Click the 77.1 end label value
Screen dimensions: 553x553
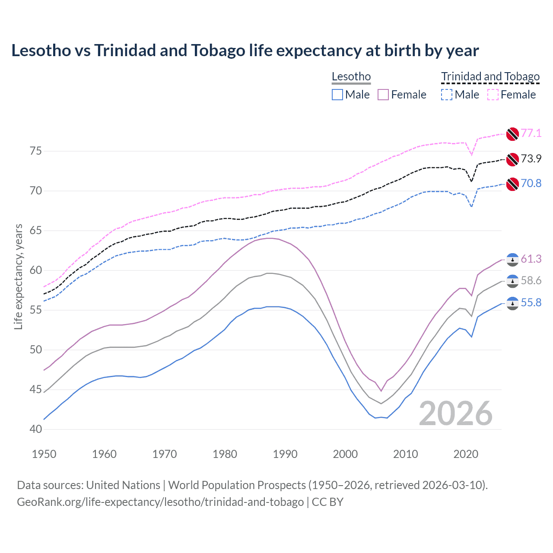click(531, 133)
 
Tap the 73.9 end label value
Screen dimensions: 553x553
click(531, 159)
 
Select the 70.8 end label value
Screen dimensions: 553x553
click(531, 183)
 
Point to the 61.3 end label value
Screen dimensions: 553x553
click(531, 259)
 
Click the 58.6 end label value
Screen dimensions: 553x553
click(531, 280)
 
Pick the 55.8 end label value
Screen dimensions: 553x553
click(531, 302)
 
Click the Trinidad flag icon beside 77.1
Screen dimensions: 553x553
click(512, 134)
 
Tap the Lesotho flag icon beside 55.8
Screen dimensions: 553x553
click(512, 303)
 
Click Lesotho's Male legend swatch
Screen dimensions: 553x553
click(337, 95)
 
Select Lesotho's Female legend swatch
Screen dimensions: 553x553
click(384, 95)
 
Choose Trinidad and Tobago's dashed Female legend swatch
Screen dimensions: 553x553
click(493, 95)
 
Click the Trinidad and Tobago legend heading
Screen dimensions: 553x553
click(490, 77)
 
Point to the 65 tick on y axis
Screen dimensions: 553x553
click(36, 231)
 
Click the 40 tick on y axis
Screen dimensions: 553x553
click(36, 429)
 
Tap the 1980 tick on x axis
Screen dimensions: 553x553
click(225, 454)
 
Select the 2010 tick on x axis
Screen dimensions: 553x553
click(405, 454)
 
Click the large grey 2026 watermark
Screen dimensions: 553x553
click(456, 414)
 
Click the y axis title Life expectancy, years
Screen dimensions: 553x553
click(19, 276)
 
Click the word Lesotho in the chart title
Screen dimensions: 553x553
click(41, 51)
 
